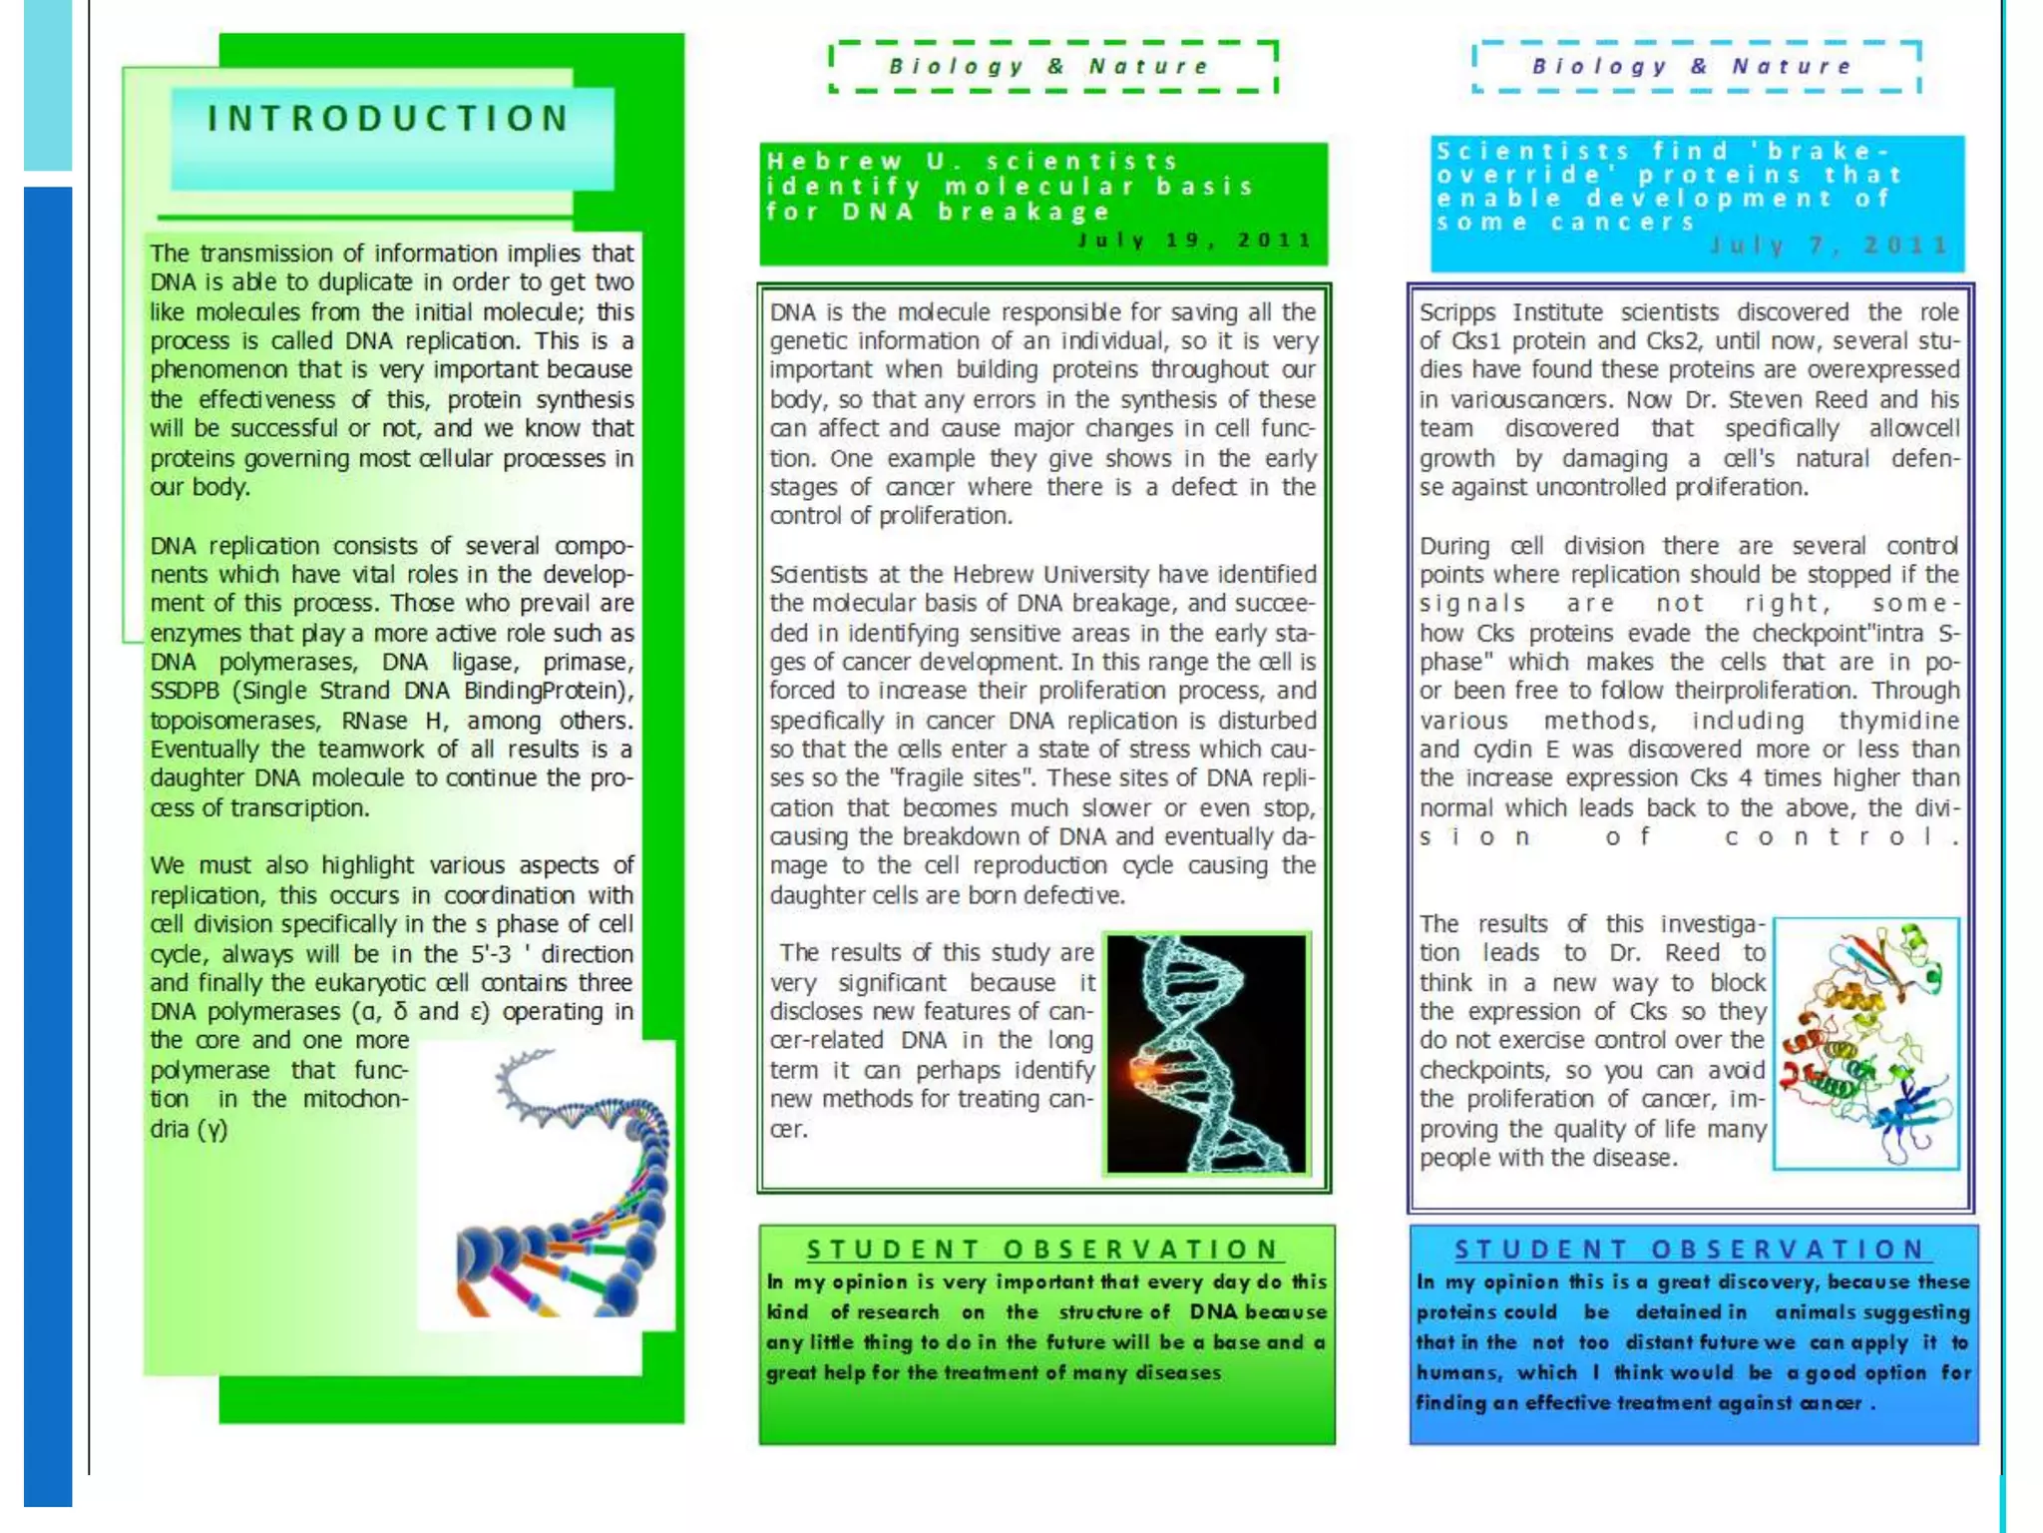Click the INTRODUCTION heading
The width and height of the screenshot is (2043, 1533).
click(x=388, y=119)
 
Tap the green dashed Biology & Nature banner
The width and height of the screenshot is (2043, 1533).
click(x=1051, y=67)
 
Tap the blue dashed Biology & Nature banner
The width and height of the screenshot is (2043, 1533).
click(x=1695, y=67)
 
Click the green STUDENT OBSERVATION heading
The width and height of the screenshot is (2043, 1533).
click(x=1043, y=1250)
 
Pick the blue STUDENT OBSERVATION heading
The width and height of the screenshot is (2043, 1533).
click(x=1691, y=1250)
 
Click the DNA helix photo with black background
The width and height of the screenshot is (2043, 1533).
click(x=1206, y=1053)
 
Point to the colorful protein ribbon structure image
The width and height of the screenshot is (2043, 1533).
click(x=1865, y=1043)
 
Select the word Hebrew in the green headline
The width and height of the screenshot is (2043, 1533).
click(x=834, y=162)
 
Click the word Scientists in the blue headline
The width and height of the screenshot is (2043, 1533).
click(x=1532, y=152)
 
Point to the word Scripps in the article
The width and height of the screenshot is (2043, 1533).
click(x=1456, y=312)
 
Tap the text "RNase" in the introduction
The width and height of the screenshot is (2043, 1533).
click(x=374, y=721)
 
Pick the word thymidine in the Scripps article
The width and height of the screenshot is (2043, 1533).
click(x=1899, y=721)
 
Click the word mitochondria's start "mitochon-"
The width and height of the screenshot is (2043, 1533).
click(x=356, y=1099)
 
